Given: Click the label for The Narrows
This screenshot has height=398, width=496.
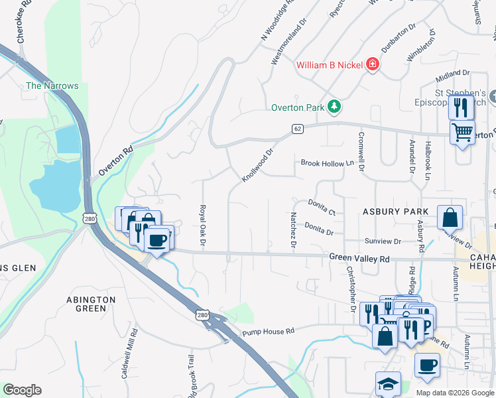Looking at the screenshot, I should pos(52,86).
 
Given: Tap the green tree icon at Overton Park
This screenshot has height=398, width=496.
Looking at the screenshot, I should pos(336,107).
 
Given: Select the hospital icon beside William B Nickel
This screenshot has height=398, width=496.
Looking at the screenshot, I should pos(373,64).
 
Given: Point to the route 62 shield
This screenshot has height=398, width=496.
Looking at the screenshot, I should pos(298,129).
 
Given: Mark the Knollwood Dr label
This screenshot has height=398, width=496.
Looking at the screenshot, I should pos(258,166).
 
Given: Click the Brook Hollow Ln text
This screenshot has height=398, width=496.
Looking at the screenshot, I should pos(327,163).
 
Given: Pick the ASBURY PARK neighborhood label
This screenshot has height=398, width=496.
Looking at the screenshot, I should pos(395,212).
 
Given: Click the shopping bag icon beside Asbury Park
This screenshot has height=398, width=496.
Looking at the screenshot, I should pos(450,217).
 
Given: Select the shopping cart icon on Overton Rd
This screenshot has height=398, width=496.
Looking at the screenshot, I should pos(462,131).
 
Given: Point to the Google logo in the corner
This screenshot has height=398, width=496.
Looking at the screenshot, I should pos(22,390).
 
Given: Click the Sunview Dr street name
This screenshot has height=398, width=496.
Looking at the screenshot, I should pos(383,241).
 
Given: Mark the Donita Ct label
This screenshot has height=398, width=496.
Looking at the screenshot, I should pos(322,207).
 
